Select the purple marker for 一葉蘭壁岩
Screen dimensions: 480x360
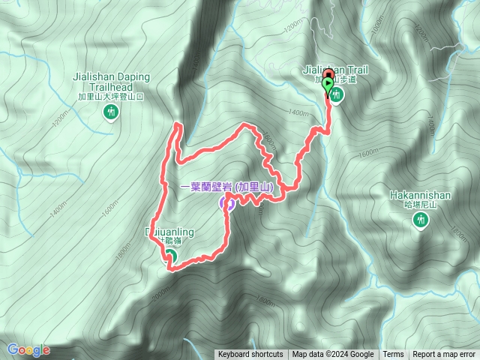(226, 202)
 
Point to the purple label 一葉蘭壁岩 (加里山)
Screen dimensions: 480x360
(225, 186)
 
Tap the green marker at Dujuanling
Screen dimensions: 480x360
(169, 256)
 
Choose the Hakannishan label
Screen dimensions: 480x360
(420, 195)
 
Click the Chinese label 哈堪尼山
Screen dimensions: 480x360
(420, 205)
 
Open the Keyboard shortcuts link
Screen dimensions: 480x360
(250, 355)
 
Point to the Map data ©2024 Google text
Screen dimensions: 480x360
(333, 355)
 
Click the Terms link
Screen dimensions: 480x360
(393, 355)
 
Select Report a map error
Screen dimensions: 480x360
(444, 355)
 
